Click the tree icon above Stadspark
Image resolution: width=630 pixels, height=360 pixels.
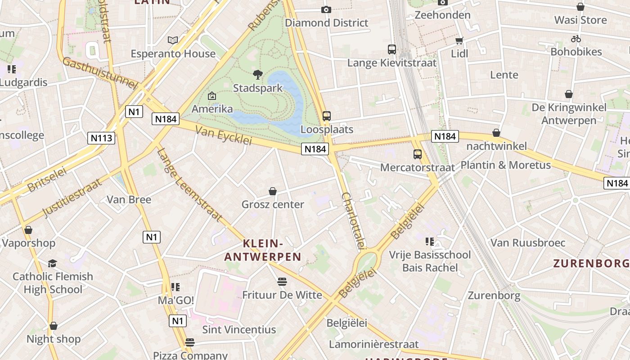pyautogui.click(x=258, y=75)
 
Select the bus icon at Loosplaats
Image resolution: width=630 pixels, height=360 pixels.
pyautogui.click(x=327, y=116)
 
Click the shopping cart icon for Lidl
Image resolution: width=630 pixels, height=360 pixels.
pyautogui.click(x=459, y=41)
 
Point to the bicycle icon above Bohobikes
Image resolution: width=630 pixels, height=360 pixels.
pyautogui.click(x=576, y=39)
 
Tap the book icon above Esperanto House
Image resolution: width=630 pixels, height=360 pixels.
pyautogui.click(x=173, y=40)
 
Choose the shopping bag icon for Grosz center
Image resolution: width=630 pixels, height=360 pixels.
pyautogui.click(x=273, y=191)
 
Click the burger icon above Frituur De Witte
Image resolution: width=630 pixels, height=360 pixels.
pyautogui.click(x=282, y=282)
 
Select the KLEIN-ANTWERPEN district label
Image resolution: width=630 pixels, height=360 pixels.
pyautogui.click(x=263, y=250)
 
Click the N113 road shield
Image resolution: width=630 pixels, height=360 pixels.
pyautogui.click(x=101, y=138)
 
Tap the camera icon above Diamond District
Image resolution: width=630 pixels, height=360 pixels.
pyautogui.click(x=326, y=9)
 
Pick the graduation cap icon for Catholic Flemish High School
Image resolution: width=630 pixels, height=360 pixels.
pyautogui.click(x=53, y=263)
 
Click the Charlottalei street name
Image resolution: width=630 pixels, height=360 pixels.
pyautogui.click(x=353, y=220)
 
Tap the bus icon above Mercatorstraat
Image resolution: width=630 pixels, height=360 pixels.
pyautogui.click(x=418, y=154)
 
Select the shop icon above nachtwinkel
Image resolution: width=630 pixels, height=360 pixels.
pyautogui.click(x=496, y=133)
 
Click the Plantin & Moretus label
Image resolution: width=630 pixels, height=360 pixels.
pyautogui.click(x=505, y=165)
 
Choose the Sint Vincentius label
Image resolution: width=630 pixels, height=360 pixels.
pyautogui.click(x=239, y=329)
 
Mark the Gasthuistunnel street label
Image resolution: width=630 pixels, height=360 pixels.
pyautogui.click(x=99, y=73)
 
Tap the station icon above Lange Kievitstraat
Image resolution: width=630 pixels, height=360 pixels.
pyautogui.click(x=392, y=49)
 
